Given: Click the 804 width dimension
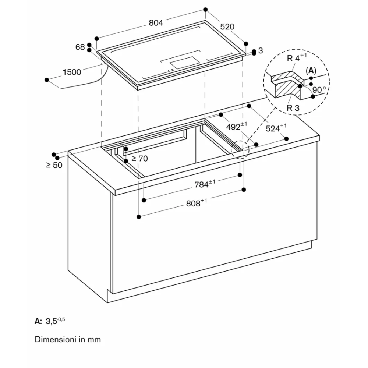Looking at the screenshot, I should point(156,23).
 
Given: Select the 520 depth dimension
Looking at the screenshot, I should point(227,27).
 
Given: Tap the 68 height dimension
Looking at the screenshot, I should point(80,47).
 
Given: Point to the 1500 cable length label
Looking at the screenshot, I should point(72,72).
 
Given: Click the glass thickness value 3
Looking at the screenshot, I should point(261,51).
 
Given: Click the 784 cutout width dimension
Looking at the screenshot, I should point(205,184).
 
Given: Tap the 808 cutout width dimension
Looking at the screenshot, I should point(196,203).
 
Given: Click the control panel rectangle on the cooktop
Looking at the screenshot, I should point(184,63).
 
